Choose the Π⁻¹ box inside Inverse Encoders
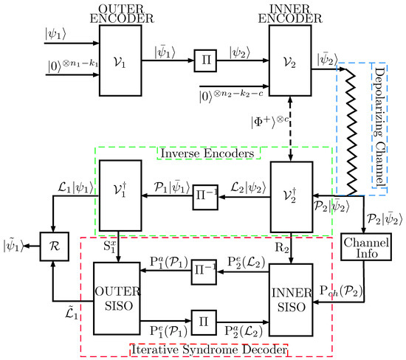click(x=204, y=199)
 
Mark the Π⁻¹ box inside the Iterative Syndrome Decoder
click(x=204, y=283)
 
